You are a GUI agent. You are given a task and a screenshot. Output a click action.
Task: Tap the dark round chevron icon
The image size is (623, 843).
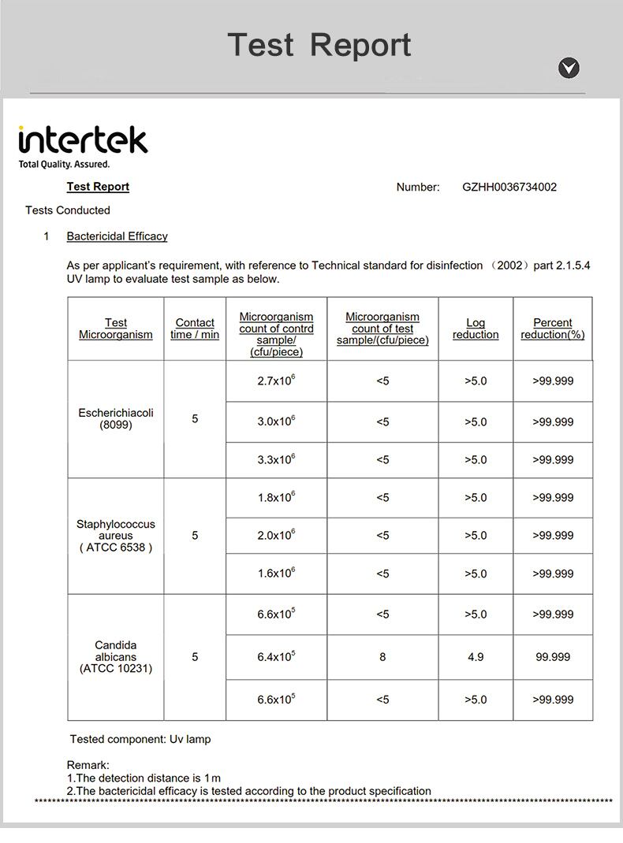click(569, 69)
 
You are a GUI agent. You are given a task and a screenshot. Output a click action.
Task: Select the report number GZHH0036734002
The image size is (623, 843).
click(509, 187)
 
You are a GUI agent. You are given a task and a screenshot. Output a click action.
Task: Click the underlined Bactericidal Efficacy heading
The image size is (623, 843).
click(117, 236)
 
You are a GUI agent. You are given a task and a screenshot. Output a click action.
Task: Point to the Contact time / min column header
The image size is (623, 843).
click(195, 329)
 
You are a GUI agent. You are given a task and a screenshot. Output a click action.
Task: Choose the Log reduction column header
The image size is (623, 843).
click(476, 329)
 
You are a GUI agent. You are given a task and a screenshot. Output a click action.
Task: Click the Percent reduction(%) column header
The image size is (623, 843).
click(553, 329)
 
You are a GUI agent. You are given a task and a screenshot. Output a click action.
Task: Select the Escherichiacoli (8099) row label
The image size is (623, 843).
click(116, 418)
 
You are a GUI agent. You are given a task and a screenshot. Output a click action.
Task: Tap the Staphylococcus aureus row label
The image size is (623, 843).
click(116, 536)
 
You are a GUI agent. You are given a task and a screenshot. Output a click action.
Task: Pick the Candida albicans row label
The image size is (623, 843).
click(116, 657)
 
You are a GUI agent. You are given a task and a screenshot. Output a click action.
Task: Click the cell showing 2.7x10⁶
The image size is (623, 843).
click(276, 381)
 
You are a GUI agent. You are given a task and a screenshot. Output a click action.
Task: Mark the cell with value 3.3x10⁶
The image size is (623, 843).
click(276, 459)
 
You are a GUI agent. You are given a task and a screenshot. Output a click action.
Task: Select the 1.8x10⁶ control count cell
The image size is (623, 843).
click(276, 497)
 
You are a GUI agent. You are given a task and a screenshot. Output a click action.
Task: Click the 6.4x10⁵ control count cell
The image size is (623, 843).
click(276, 656)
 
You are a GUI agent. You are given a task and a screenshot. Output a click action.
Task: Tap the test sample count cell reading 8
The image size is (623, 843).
click(382, 656)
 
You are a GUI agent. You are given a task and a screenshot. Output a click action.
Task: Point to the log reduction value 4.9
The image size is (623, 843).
click(476, 656)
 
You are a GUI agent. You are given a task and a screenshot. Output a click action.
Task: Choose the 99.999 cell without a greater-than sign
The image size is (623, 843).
click(553, 656)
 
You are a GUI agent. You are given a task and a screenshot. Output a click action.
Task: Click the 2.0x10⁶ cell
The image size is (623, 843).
click(276, 535)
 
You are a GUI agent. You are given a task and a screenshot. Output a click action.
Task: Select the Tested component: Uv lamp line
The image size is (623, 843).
click(140, 739)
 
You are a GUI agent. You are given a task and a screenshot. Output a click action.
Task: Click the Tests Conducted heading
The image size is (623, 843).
click(68, 210)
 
